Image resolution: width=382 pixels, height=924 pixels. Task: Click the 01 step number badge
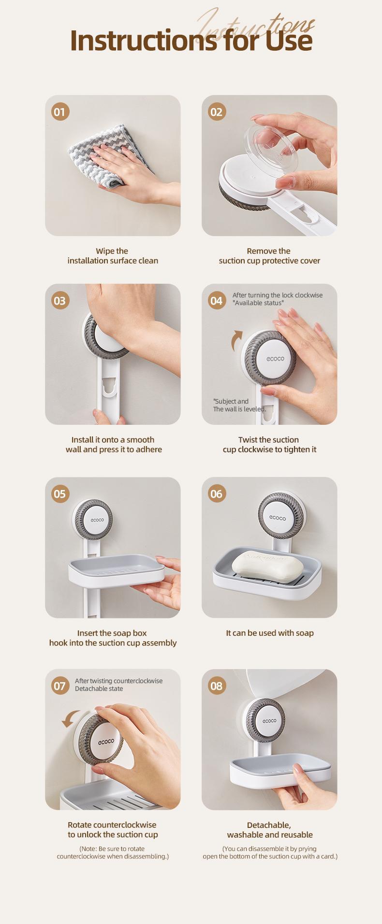click(60, 112)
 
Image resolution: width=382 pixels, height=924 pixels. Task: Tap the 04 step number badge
click(216, 301)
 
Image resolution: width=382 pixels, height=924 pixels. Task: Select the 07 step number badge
click(60, 686)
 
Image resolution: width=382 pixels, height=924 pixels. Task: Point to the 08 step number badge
click(216, 686)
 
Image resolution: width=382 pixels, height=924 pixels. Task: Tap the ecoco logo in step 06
click(278, 518)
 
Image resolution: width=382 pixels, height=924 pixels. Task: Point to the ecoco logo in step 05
click(97, 519)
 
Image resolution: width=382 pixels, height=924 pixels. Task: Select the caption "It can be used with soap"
click(269, 633)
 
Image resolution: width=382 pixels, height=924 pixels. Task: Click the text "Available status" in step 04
click(258, 303)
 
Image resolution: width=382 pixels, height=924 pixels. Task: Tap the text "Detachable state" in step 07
click(99, 688)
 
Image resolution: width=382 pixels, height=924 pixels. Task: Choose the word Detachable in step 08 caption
click(269, 825)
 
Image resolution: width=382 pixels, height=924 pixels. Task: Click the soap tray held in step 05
click(116, 570)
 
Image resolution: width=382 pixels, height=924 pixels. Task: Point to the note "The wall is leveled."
click(239, 409)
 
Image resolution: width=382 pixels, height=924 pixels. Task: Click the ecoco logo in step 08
click(269, 720)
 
